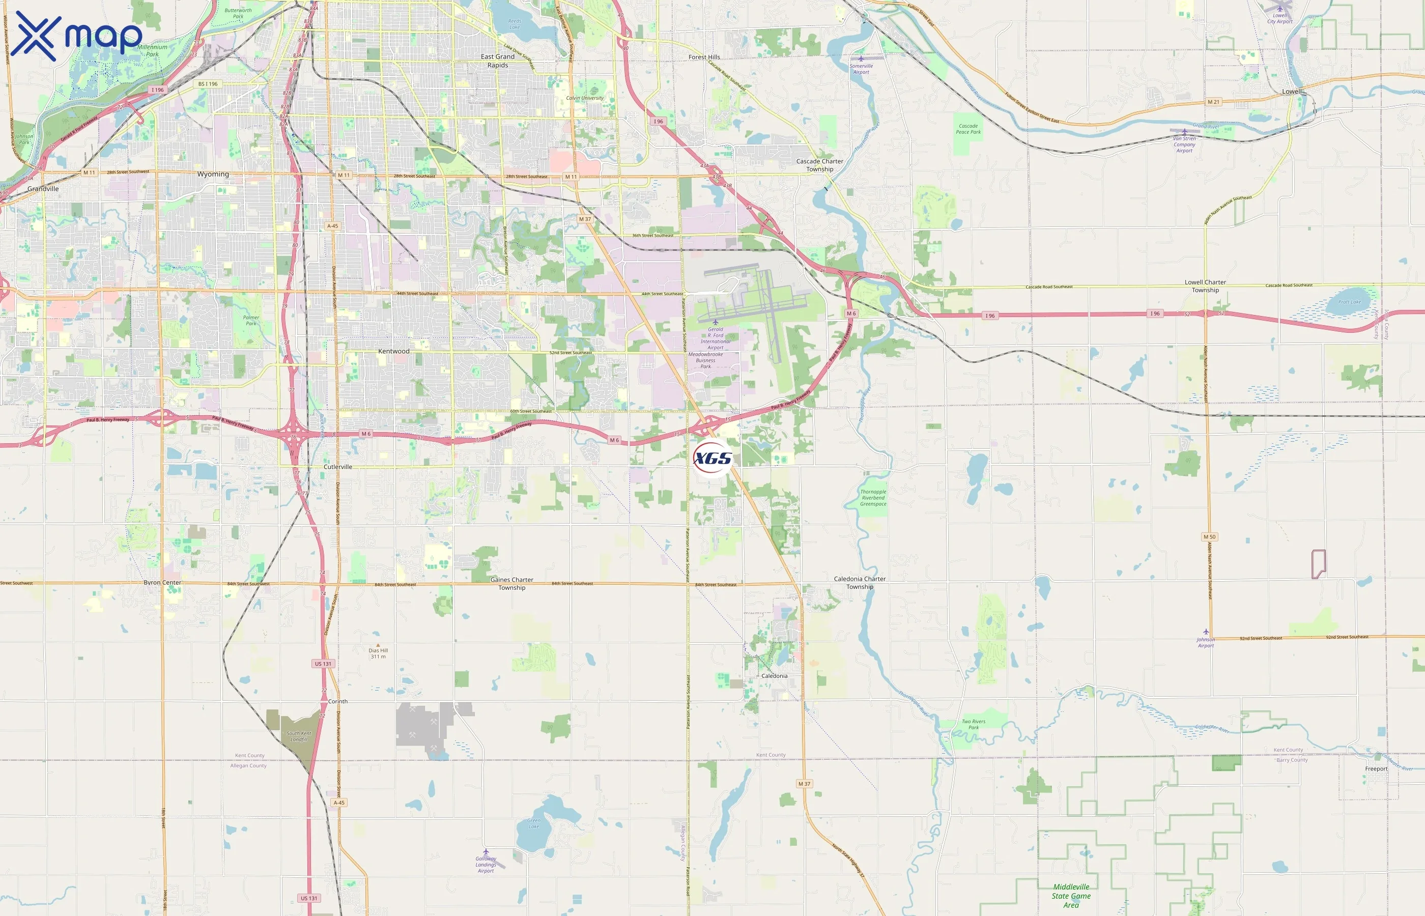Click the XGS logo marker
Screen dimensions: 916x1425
(x=712, y=459)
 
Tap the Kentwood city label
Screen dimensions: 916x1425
(x=394, y=351)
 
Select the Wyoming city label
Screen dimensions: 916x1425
(x=213, y=174)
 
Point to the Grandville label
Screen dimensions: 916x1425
(x=43, y=189)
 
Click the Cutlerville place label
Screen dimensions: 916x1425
(x=338, y=467)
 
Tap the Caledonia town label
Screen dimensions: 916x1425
(x=775, y=676)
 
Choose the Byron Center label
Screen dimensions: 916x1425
(x=162, y=582)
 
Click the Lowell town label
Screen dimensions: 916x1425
(x=1292, y=92)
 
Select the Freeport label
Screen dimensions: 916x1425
(x=1376, y=768)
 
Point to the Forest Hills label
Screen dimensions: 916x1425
(x=704, y=57)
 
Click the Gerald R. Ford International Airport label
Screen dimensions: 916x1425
(x=716, y=338)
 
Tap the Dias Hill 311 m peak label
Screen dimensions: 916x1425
(x=378, y=653)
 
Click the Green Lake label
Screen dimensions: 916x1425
(x=534, y=823)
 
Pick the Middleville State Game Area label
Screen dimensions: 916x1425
(x=1071, y=896)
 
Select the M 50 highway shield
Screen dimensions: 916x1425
(x=1210, y=536)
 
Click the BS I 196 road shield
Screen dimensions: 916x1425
(x=208, y=84)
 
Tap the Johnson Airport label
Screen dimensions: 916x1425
(x=1206, y=642)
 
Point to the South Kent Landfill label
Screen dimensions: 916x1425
(x=299, y=736)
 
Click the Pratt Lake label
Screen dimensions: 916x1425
(x=1350, y=302)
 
